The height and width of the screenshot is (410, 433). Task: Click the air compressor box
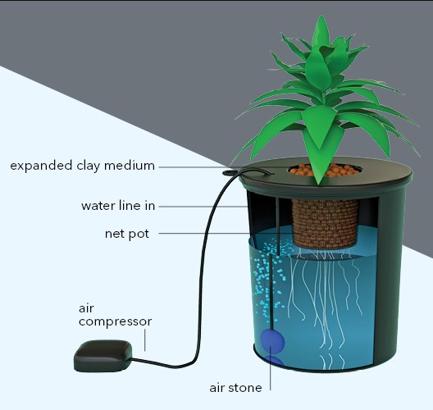[103, 356]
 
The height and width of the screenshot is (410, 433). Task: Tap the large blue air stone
[272, 341]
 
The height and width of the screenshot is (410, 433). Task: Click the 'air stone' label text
[235, 388]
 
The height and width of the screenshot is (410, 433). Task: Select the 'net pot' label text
[127, 234]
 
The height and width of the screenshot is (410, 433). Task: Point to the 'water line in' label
[118, 206]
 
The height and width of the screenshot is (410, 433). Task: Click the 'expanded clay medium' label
[82, 166]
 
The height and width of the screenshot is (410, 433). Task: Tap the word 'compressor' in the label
[115, 322]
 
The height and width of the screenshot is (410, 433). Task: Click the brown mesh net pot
[326, 223]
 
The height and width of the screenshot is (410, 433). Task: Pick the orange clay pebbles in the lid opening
[325, 170]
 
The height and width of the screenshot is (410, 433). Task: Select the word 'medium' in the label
[130, 165]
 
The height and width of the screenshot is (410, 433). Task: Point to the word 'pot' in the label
[139, 235]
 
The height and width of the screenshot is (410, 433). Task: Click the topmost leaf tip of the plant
[321, 16]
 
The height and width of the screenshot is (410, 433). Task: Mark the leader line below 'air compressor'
[145, 340]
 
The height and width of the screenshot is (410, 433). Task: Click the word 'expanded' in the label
[42, 166]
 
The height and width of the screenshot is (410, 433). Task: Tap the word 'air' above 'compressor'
[86, 308]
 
